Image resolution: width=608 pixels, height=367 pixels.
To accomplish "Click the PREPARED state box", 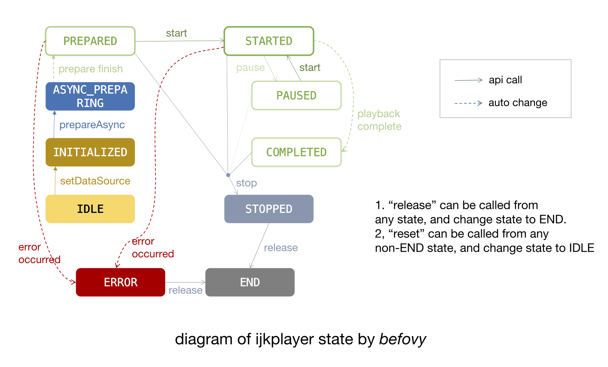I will pos(90,41).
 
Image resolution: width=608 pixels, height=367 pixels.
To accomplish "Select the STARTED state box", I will pos(269,41).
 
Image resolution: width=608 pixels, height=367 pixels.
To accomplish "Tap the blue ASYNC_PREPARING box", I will pos(90,96).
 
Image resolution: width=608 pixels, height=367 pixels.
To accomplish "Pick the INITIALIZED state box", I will pos(90,152).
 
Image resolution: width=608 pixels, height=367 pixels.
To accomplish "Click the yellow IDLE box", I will pos(90,209).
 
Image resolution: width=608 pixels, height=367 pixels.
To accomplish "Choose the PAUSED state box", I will pos(296,96).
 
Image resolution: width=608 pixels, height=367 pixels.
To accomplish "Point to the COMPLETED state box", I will pos(296,152).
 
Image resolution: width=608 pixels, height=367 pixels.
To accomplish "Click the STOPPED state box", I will pos(269,209).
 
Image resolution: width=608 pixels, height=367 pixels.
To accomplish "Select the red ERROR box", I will pos(121,282).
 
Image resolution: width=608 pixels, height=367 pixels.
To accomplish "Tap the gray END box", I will pos(250,282).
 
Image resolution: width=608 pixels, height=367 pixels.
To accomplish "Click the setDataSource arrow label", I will pos(95,181).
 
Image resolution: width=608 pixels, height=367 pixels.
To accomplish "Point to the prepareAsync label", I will pos(92,125).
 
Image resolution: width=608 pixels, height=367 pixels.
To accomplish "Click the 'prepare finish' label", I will pos(90,69).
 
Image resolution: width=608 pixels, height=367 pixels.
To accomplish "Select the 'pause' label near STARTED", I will pos(251,68).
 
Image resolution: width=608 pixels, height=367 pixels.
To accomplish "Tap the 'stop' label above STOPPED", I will pos(246,183).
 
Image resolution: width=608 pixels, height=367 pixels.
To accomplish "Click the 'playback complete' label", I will pos(379,120).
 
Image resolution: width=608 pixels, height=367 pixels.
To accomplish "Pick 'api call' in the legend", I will pos(505,80).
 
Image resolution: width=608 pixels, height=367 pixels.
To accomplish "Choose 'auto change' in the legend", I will pos(518,102).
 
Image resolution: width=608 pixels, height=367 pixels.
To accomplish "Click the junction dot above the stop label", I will pos(228,175).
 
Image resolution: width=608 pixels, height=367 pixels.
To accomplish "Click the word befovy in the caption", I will pos(402,339).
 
